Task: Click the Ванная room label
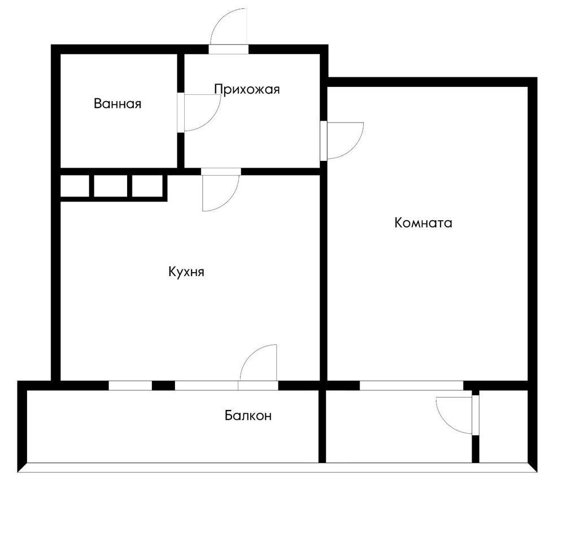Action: tap(117, 104)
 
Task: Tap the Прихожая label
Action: tap(247, 89)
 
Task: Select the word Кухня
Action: tap(186, 272)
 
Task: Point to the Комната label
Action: tap(423, 223)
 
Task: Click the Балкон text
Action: tap(248, 416)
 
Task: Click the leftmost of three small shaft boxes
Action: tap(75, 186)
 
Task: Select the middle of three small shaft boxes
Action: tap(111, 186)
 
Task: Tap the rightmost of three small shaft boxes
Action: tap(147, 186)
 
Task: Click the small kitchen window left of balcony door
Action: tap(130, 386)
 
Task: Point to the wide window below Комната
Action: tap(412, 386)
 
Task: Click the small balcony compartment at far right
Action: tap(503, 426)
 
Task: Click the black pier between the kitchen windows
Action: tap(163, 386)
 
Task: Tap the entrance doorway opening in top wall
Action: tap(229, 49)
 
